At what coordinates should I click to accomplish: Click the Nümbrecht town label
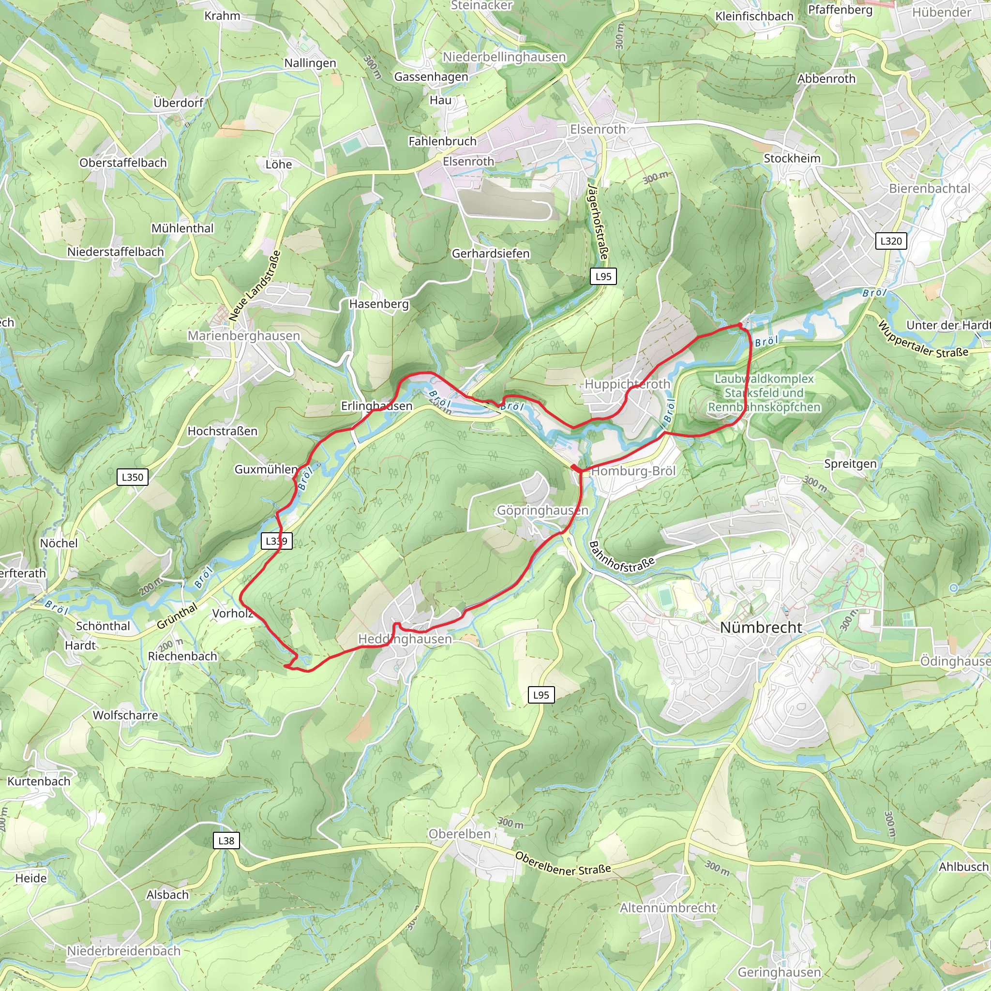tap(761, 627)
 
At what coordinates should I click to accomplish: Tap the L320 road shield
tap(890, 241)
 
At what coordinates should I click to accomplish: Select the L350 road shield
tap(132, 477)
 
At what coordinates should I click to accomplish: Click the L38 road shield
tap(226, 841)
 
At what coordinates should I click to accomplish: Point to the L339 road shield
tap(276, 541)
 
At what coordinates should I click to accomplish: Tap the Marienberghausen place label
tap(244, 336)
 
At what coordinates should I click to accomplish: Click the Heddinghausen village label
tap(405, 639)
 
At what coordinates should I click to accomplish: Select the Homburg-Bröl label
tap(633, 471)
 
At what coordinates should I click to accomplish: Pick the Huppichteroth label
tap(627, 384)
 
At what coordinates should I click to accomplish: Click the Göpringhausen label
tap(542, 511)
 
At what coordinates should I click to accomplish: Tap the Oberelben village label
tap(460, 834)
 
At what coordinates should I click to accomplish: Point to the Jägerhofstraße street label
tap(598, 221)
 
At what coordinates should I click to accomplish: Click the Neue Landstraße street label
tap(255, 285)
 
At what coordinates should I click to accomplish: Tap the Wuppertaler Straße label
tap(923, 340)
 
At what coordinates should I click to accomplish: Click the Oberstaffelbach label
tap(123, 163)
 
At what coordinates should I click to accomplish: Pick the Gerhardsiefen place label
tap(490, 254)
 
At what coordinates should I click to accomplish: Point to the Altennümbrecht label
tap(667, 908)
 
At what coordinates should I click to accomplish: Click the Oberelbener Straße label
tap(563, 864)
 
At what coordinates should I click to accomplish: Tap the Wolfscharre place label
tap(125, 715)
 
